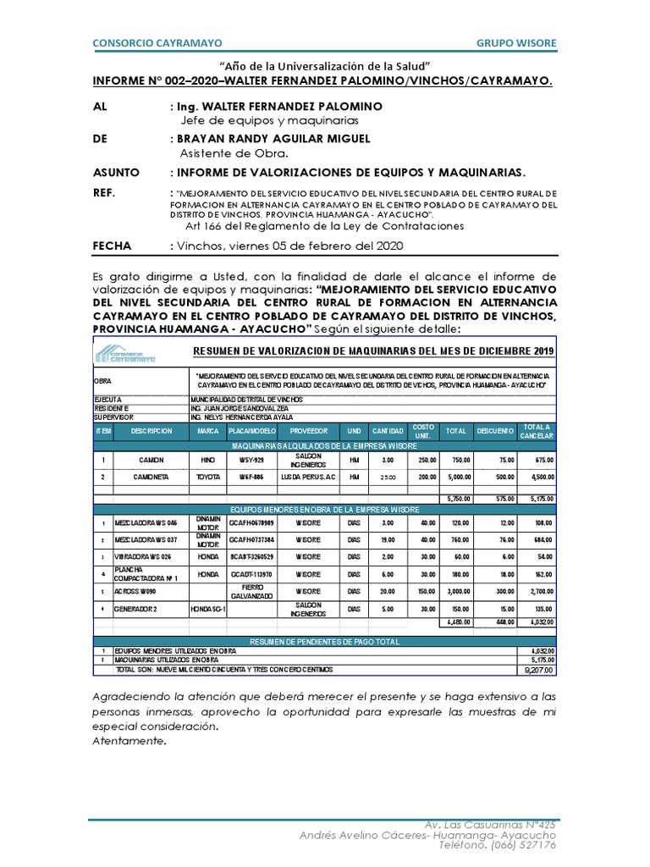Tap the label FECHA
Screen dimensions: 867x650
112,246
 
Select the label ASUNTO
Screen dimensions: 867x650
116,172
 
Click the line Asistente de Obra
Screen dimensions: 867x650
234,153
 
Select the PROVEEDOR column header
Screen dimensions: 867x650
309,431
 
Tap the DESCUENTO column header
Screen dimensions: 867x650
494,431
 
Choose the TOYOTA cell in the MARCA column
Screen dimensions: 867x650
208,477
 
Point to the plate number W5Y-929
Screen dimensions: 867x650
252,460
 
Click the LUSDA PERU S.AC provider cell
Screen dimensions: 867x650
309,477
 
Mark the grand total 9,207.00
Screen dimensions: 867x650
537,669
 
